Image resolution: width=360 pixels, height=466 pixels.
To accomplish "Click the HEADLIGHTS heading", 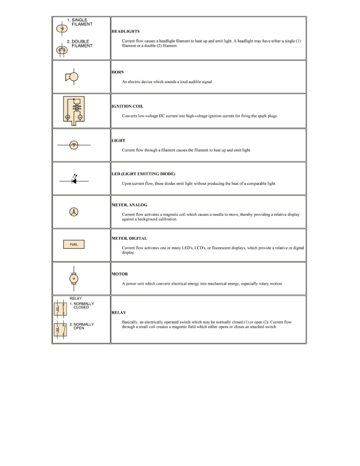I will click(x=125, y=31).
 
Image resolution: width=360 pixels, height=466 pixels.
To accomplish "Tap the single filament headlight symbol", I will click(x=62, y=29).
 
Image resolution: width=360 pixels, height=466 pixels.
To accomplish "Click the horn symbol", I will click(x=72, y=77).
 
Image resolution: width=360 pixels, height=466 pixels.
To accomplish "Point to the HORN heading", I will click(x=118, y=73).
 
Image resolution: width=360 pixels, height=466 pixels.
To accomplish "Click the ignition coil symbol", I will click(x=74, y=110).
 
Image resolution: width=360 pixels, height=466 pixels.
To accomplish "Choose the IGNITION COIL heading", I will click(x=127, y=106).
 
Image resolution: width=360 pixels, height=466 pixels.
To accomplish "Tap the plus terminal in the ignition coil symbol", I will click(x=67, y=117).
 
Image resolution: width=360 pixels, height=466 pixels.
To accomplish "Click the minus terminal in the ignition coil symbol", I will click(x=80, y=117).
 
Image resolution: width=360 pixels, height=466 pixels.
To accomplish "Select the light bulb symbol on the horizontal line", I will click(x=74, y=145).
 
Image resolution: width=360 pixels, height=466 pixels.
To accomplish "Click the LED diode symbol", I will click(x=74, y=181).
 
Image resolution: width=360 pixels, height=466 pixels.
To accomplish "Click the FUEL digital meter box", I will click(x=74, y=244).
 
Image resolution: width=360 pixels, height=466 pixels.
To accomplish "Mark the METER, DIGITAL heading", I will click(x=129, y=238).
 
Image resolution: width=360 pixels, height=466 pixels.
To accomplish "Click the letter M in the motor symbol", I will click(x=74, y=279).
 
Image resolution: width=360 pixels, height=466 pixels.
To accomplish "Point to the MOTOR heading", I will click(x=120, y=274).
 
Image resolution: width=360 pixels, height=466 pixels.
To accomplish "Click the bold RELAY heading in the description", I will click(x=119, y=313).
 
